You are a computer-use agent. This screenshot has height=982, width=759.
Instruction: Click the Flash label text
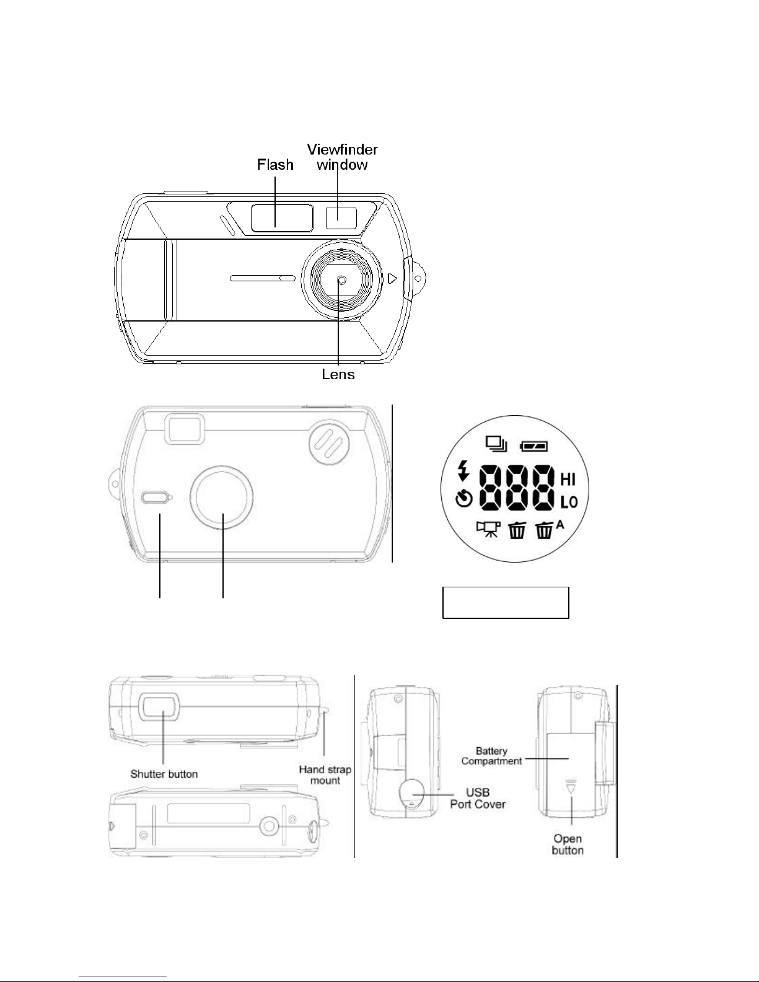(x=275, y=165)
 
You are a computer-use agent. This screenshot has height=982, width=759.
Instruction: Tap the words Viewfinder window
(x=343, y=157)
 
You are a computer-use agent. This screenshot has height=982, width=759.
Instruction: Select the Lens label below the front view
(x=338, y=374)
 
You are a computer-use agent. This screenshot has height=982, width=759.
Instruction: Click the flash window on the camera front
(x=283, y=218)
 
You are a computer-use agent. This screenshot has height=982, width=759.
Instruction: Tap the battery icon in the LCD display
(x=534, y=447)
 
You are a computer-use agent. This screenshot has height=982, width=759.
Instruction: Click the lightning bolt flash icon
(x=463, y=470)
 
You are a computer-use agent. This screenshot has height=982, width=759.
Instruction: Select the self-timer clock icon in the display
(x=464, y=499)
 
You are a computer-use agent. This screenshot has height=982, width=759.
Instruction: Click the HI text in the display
(x=568, y=479)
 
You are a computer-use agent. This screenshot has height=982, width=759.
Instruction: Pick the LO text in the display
(x=569, y=502)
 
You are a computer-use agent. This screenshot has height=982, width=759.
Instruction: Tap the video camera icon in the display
(x=488, y=530)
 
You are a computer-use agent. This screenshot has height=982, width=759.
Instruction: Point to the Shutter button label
(x=164, y=774)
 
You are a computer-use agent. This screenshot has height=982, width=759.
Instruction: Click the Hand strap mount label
(x=325, y=775)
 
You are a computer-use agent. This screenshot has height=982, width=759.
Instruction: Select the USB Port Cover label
(x=478, y=798)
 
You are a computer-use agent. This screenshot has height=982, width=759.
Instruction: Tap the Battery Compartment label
(x=491, y=756)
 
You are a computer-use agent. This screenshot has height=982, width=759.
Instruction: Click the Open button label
(x=568, y=844)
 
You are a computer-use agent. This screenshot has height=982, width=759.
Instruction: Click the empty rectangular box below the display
(x=506, y=602)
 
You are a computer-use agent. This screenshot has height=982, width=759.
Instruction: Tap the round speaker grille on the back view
(x=330, y=442)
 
